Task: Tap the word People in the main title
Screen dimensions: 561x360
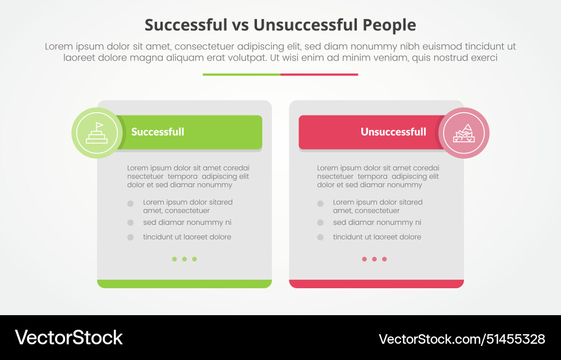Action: click(x=389, y=26)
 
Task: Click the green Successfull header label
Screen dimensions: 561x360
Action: click(x=158, y=132)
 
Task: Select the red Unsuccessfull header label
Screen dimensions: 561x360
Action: click(x=393, y=132)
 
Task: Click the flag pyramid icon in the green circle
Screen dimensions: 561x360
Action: click(x=97, y=133)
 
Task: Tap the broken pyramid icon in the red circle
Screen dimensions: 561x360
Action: click(x=464, y=133)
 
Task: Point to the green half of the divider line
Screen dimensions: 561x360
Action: click(x=241, y=75)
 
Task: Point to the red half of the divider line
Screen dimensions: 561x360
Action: click(x=319, y=75)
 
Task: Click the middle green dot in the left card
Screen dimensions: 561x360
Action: click(x=184, y=259)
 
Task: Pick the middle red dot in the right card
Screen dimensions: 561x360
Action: click(x=374, y=259)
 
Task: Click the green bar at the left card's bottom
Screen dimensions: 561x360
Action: click(x=184, y=284)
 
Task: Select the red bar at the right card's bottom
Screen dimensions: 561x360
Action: click(x=376, y=284)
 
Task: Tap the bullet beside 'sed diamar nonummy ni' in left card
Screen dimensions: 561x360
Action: click(x=131, y=223)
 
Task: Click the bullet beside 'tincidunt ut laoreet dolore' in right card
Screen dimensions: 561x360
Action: click(x=320, y=237)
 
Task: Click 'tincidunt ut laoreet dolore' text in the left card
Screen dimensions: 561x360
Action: click(x=187, y=237)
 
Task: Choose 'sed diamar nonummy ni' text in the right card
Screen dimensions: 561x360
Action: click(x=377, y=223)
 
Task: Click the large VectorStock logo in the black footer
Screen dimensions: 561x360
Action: click(x=68, y=338)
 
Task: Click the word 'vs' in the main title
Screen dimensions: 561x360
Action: click(x=241, y=26)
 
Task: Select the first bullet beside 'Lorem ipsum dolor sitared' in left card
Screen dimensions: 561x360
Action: click(x=131, y=204)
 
